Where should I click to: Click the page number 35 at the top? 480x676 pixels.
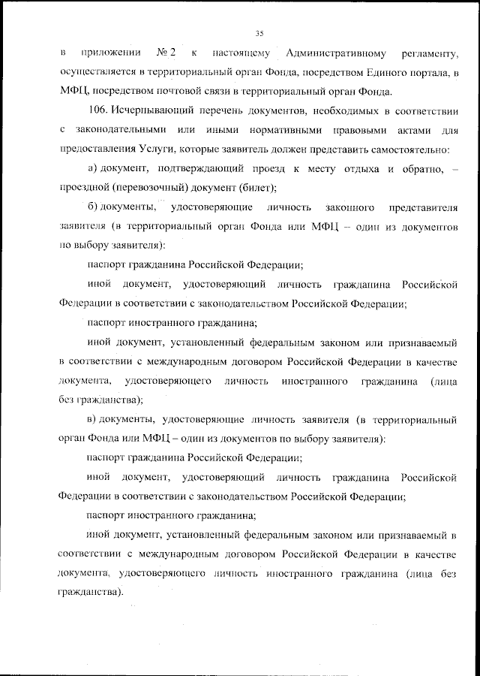click(x=259, y=33)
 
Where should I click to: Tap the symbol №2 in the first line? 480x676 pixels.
click(x=166, y=53)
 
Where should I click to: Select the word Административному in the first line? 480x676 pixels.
click(x=337, y=53)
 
